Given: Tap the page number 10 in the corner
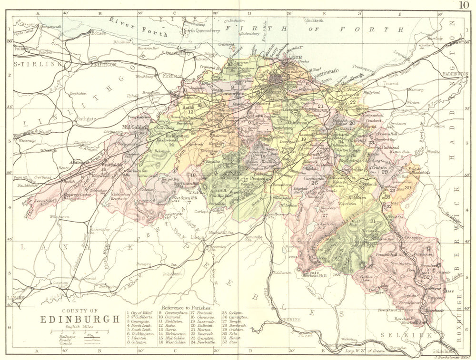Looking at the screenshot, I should click(465, 5).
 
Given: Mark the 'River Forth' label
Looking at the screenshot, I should click(139, 27).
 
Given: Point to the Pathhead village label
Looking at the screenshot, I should click(389, 148).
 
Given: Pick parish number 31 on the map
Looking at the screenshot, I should click(373, 222).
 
